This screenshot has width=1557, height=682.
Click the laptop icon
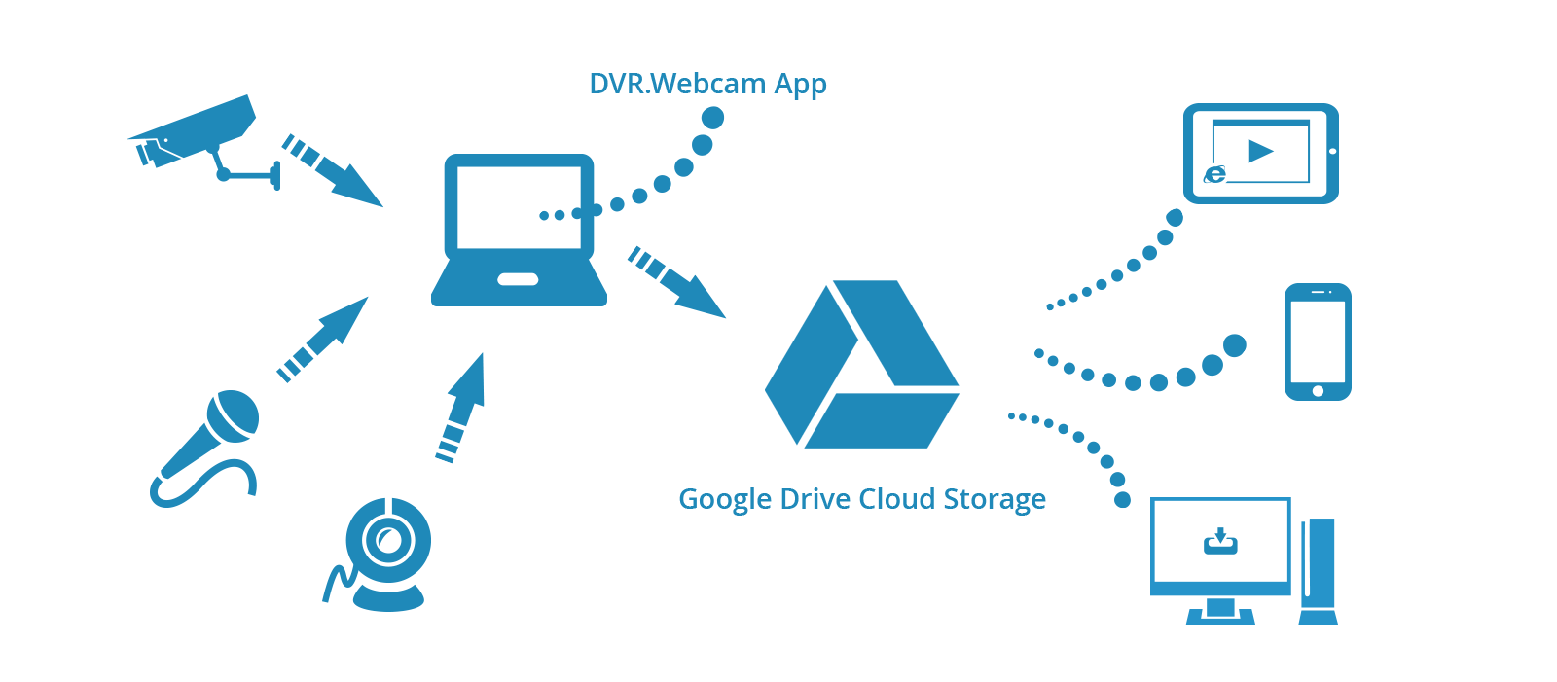[x=519, y=230]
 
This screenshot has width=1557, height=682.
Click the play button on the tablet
[x=1260, y=151]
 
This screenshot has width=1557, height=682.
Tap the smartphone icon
[x=1318, y=341]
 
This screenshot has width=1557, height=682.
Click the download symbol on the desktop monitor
[x=1220, y=542]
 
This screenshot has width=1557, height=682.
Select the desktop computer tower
[x=1319, y=571]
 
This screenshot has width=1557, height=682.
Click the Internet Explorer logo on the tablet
[x=1214, y=174]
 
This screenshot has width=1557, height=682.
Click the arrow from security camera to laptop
[x=332, y=171]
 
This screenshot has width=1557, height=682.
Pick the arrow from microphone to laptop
[x=322, y=340]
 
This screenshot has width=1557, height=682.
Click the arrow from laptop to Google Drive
[x=677, y=282]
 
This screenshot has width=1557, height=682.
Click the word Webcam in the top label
[x=708, y=84]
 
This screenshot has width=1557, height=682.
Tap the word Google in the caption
[x=725, y=500]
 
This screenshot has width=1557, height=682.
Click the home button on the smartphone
[x=1318, y=391]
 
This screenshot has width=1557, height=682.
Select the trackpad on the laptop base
[x=519, y=279]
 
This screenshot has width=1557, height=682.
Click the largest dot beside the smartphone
[x=1235, y=345]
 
